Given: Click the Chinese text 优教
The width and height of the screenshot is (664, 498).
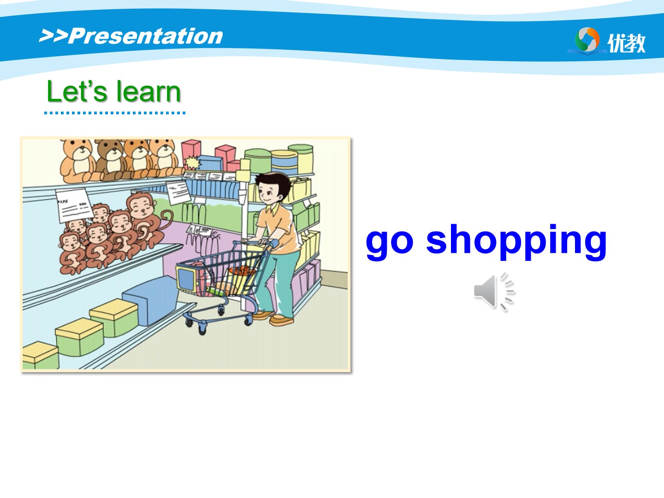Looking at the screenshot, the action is [627, 43].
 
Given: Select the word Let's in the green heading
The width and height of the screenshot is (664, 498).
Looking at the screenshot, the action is [77, 91].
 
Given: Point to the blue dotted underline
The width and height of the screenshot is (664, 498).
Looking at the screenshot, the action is [115, 113].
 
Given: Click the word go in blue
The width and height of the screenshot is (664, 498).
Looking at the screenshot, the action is [390, 242].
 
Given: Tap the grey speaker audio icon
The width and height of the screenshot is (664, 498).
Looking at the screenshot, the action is [494, 291].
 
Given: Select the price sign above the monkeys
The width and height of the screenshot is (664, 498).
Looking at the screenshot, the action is [74, 205].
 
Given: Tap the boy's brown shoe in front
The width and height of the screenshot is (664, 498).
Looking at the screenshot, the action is [281, 320].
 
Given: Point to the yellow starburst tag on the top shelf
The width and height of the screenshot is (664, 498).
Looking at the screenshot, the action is [193, 163].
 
